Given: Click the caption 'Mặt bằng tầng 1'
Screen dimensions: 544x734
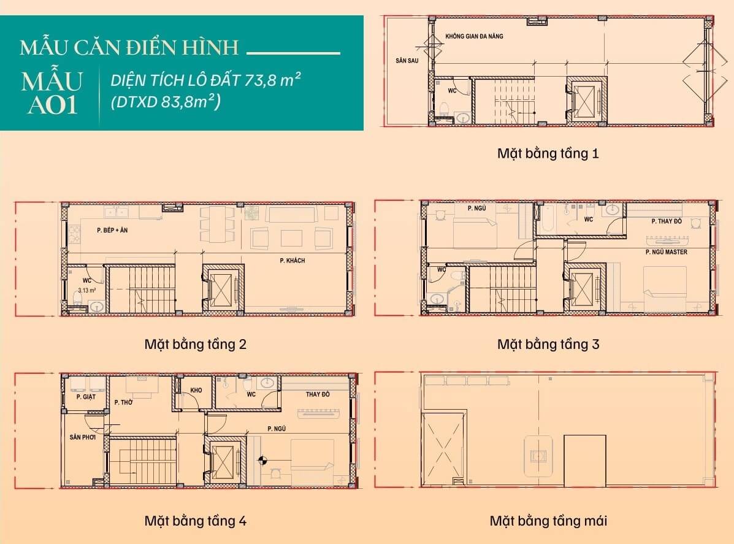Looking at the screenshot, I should click(x=548, y=153).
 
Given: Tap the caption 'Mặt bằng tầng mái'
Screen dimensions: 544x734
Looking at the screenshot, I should click(x=548, y=521).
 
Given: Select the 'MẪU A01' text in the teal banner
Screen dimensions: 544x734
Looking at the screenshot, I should click(x=51, y=93).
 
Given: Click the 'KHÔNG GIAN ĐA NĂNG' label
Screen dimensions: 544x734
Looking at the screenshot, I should click(x=475, y=37).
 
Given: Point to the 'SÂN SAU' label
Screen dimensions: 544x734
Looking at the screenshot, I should click(x=407, y=61).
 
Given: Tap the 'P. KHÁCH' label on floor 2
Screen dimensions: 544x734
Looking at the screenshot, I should click(x=292, y=261).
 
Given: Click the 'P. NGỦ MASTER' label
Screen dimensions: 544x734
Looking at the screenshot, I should click(x=666, y=252).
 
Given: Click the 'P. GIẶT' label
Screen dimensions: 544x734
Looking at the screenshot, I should click(x=86, y=397).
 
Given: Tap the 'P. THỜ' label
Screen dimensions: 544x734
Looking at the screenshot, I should click(x=124, y=402).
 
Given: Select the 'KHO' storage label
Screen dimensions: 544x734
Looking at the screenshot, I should click(x=196, y=390).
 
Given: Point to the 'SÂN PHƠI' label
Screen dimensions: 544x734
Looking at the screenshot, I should click(x=83, y=437).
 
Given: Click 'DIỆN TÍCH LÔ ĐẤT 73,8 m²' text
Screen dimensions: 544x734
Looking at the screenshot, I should click(x=207, y=80).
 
